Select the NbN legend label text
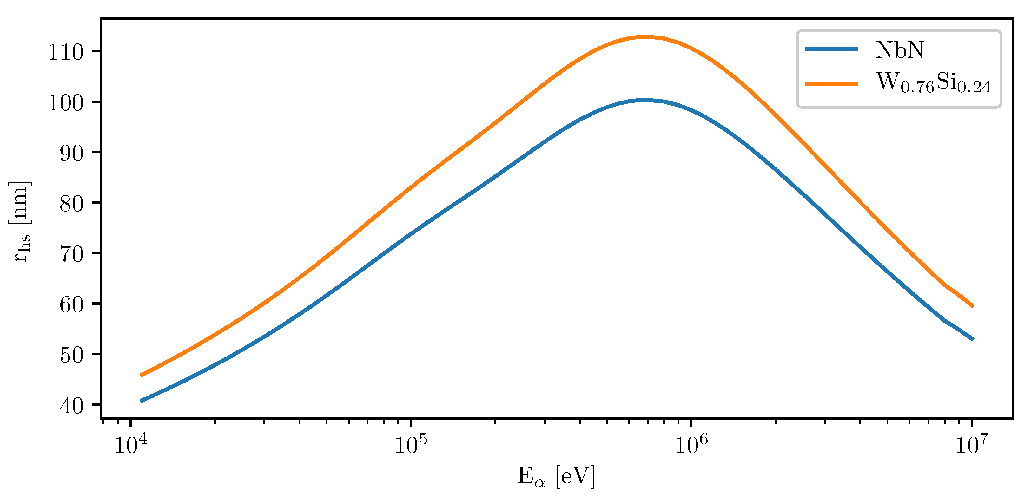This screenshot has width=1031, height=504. pos(899,50)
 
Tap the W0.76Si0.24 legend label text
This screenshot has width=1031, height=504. pos(933,83)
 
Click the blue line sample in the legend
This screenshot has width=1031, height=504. pos(831,49)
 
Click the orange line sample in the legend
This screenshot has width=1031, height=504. pos(831,84)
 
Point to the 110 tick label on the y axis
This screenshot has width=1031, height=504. pos(66,52)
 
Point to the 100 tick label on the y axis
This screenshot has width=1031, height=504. pos(66,103)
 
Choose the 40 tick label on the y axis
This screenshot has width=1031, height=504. pos(72,406)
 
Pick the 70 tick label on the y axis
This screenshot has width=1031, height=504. pos(72,254)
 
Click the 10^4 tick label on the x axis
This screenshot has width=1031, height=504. pos(130,444)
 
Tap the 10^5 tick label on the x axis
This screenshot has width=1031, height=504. pos(411,444)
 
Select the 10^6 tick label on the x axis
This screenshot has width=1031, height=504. pos(691,444)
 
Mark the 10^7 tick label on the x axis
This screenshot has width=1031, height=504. pos(972,444)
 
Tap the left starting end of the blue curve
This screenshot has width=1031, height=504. pos(141,400)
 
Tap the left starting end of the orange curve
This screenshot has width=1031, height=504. pos(141,375)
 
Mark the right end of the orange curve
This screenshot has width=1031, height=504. pos(973,306)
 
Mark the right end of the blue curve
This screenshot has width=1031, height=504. pos(973,339)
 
